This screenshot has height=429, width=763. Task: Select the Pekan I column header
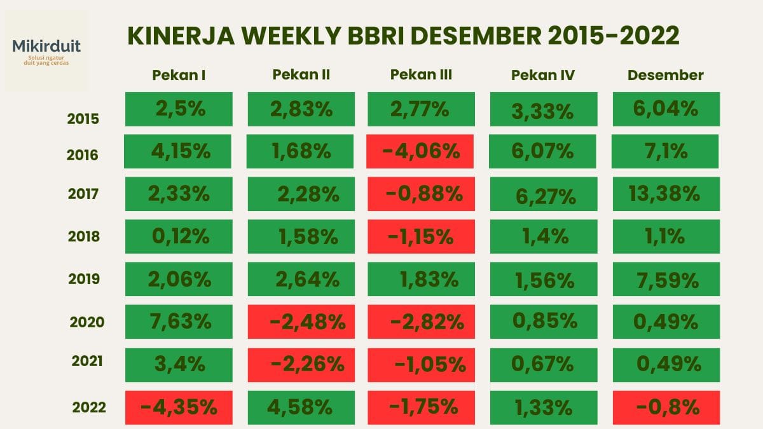click(x=179, y=75)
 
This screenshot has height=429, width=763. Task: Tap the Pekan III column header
click(x=421, y=74)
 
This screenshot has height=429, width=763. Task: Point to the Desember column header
click(x=666, y=75)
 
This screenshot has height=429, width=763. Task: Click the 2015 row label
click(x=83, y=118)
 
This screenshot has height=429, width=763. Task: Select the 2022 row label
click(x=89, y=407)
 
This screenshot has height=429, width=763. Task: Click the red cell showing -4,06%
click(x=421, y=151)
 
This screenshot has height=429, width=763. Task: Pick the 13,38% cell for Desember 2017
click(x=666, y=194)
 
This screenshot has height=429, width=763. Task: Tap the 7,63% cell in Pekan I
click(x=179, y=322)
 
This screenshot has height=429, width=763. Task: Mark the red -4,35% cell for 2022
click(x=179, y=407)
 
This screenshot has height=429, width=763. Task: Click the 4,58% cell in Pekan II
click(x=301, y=407)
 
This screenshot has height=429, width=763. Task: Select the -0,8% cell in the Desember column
click(x=666, y=407)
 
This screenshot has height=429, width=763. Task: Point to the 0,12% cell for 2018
click(x=179, y=236)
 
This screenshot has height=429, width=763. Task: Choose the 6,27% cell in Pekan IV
click(x=543, y=194)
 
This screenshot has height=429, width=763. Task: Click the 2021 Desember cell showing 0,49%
click(x=666, y=364)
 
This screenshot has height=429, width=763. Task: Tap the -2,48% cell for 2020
click(x=301, y=322)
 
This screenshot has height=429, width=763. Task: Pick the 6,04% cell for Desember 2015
click(x=666, y=109)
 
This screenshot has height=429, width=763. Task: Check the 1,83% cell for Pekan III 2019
click(x=421, y=279)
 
